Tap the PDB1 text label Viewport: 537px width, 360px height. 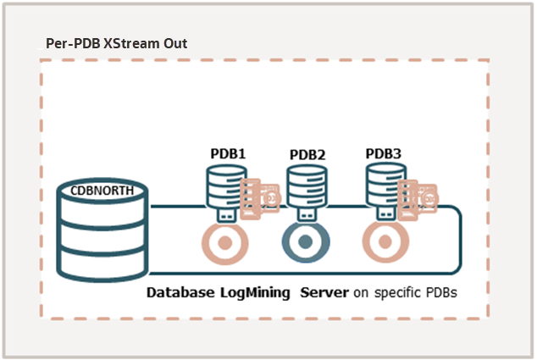pos(228,154)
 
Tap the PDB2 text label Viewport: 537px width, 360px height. pos(307,155)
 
